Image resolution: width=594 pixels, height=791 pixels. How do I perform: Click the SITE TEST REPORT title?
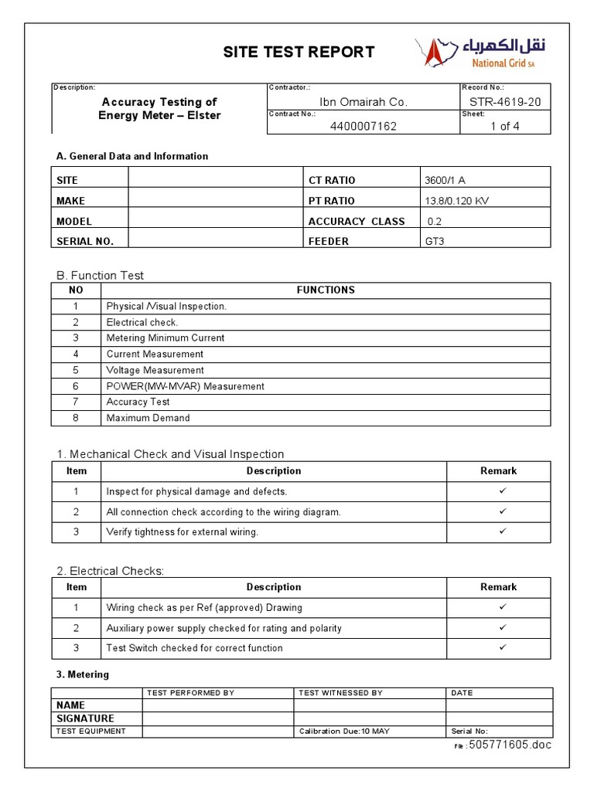(299, 53)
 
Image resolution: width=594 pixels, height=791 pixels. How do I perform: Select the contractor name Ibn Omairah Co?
(363, 102)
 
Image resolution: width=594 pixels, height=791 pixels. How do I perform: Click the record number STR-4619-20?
(505, 102)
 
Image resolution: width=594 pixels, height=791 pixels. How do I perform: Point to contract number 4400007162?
(363, 126)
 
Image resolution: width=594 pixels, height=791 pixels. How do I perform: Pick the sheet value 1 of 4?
(505, 126)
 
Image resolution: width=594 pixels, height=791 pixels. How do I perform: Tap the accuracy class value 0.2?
(435, 221)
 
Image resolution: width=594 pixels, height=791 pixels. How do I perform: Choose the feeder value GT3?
(434, 241)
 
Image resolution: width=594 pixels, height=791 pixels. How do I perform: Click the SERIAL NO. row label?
(85, 241)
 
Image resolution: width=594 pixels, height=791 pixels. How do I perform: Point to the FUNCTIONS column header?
(326, 290)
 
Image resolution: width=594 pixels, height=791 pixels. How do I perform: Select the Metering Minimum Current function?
(166, 338)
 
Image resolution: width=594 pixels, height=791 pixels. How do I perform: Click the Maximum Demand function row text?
(148, 418)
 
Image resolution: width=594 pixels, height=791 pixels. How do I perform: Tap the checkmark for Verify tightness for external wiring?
(502, 531)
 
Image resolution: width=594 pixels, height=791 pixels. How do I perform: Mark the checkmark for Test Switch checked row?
(502, 647)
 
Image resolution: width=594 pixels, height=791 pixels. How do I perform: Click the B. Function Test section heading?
(100, 275)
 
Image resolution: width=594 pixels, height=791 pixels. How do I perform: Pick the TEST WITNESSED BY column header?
(340, 693)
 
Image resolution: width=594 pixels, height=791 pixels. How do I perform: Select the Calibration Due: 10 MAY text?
(343, 731)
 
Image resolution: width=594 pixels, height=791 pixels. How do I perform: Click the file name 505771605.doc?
(510, 745)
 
